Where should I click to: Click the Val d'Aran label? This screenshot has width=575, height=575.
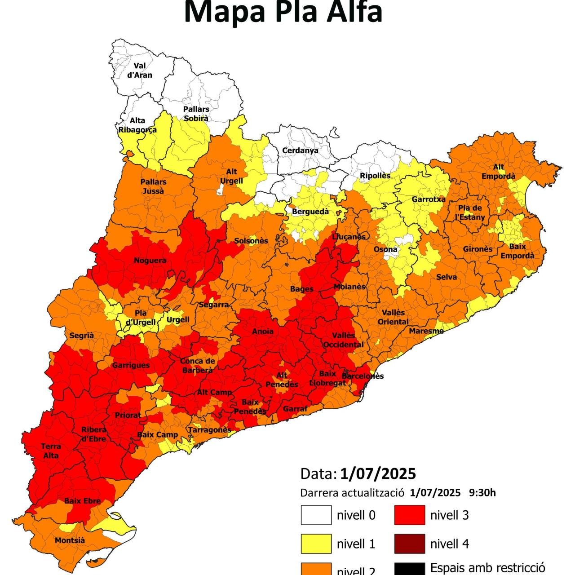[x=140, y=71]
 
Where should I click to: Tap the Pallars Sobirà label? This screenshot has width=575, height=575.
[x=196, y=114]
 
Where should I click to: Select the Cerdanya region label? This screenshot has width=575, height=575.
[x=300, y=150]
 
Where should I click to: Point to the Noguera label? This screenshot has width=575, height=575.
[x=150, y=261]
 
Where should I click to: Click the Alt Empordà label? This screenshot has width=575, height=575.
[x=498, y=172]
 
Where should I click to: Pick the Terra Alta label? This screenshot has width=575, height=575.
[x=51, y=451]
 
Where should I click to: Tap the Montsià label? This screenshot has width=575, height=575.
[x=70, y=540]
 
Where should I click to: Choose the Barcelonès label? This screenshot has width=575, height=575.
[x=363, y=376]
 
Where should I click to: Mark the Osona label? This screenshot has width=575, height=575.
[x=385, y=249]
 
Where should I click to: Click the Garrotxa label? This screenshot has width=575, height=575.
[x=429, y=199]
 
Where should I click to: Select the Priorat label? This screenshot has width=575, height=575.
[x=128, y=416]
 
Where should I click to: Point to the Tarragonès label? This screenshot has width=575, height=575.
[x=209, y=430]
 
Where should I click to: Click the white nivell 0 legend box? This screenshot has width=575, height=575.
[x=316, y=515]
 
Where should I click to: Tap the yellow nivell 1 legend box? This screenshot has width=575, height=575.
[x=316, y=544]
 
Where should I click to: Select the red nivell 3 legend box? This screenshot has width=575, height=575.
[x=410, y=515]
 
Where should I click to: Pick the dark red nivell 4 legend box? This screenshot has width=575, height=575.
[x=410, y=544]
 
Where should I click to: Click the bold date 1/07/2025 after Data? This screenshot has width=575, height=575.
[x=378, y=474]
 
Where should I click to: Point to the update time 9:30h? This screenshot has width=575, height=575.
[x=482, y=493]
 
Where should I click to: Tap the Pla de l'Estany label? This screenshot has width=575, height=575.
[x=470, y=212]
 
